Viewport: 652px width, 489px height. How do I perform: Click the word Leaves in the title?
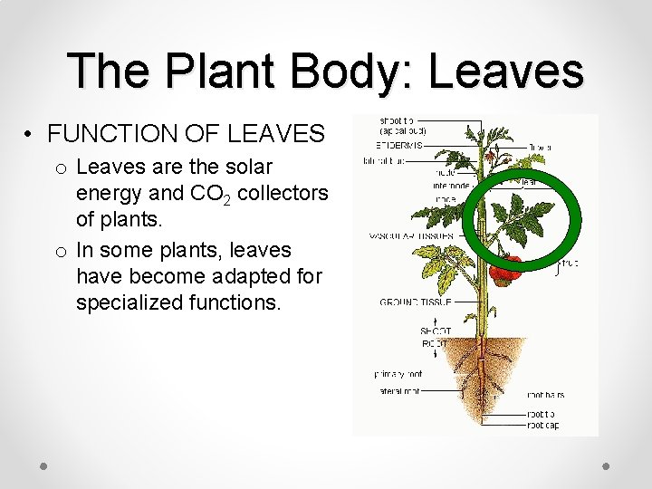506,71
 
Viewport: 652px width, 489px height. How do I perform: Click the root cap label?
548,424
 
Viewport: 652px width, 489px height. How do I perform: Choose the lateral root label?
398,391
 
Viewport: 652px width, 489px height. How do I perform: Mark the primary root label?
398,373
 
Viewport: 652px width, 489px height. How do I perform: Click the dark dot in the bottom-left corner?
43,465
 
